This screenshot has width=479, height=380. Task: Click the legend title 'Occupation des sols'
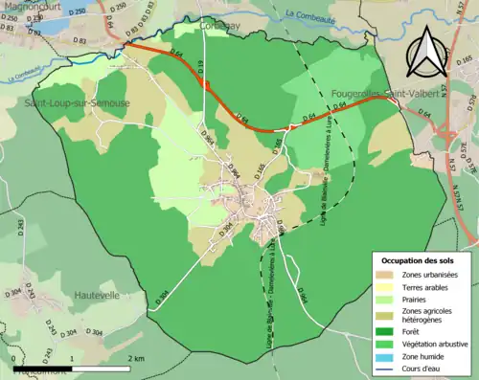[421, 260]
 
